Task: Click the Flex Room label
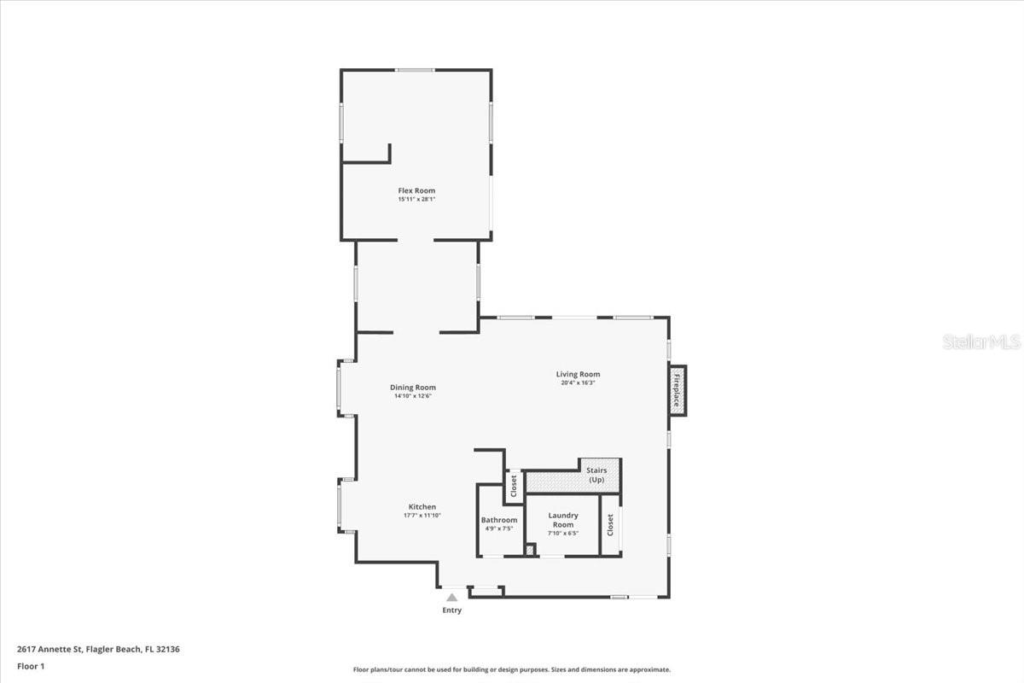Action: point(416,190)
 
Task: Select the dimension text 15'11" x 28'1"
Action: point(416,200)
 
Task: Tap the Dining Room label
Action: point(413,388)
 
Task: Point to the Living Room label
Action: point(578,374)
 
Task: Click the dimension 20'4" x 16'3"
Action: point(578,383)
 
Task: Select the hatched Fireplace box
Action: point(678,391)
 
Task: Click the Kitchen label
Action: point(422,507)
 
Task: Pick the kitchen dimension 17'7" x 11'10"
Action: point(422,516)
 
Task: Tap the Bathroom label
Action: point(499,520)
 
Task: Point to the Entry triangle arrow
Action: point(451,598)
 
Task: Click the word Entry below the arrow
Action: point(451,610)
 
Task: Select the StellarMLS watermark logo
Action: point(981,342)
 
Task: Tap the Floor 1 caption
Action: point(31,666)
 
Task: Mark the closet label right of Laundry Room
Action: point(610,525)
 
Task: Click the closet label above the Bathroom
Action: point(514,487)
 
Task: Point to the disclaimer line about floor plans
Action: point(512,670)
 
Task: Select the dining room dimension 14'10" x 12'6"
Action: point(413,396)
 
